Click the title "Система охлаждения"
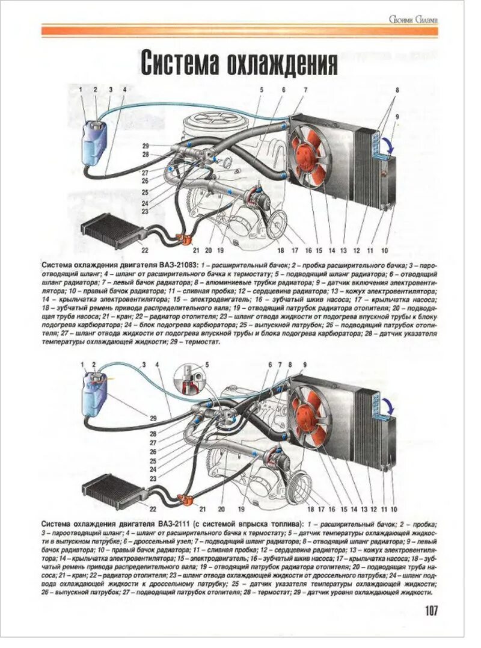coord(238,63)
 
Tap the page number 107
coord(431,611)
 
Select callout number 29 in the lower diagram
coord(153,418)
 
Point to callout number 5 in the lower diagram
coord(207,364)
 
